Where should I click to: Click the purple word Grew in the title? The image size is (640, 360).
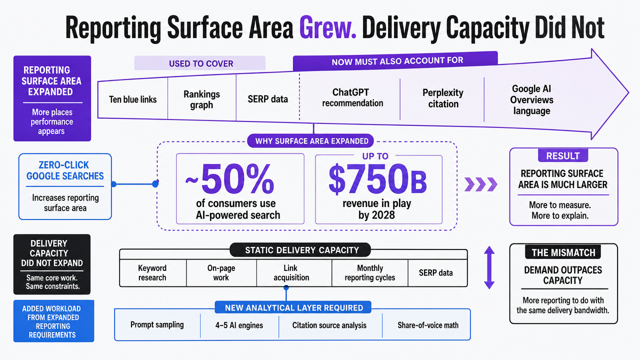[328, 28]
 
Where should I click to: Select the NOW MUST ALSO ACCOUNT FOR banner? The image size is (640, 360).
[395, 61]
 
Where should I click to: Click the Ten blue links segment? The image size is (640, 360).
[133, 99]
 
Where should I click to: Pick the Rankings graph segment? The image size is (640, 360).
[201, 99]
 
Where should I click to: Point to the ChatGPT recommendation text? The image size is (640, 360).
[352, 97]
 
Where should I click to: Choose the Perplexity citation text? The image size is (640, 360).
[443, 98]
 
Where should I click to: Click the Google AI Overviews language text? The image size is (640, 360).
[531, 99]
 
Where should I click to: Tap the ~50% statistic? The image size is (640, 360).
[229, 179]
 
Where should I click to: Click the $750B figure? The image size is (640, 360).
[377, 178]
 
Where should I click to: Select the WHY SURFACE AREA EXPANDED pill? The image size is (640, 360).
[310, 141]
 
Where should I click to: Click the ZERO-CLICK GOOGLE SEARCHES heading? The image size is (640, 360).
[65, 170]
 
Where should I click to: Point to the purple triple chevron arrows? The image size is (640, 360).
[481, 184]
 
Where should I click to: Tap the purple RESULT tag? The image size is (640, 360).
[563, 155]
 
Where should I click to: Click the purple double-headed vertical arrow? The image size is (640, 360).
[489, 267]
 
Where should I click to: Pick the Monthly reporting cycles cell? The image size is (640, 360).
[369, 273]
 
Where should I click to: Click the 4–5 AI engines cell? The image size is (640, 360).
[239, 325]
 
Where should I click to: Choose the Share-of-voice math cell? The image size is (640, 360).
[427, 325]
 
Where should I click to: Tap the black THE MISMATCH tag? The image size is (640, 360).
[563, 252]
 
